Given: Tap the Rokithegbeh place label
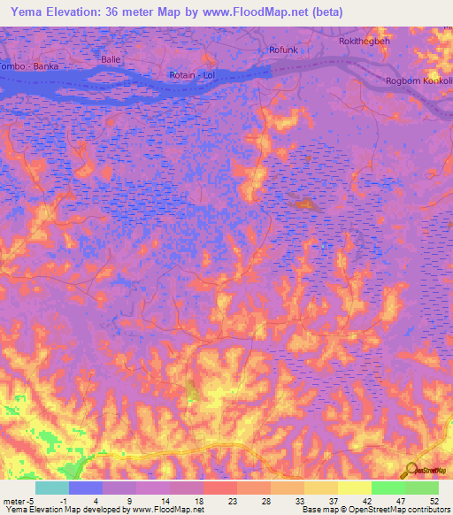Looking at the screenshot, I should [x=364, y=42].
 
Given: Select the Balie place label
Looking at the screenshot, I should [x=111, y=59].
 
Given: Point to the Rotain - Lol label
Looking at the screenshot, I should [x=192, y=75].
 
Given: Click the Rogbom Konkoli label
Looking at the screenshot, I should [x=418, y=81].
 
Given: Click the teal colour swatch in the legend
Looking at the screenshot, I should [x=51, y=488].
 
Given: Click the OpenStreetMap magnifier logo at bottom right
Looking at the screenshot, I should [x=412, y=470].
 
